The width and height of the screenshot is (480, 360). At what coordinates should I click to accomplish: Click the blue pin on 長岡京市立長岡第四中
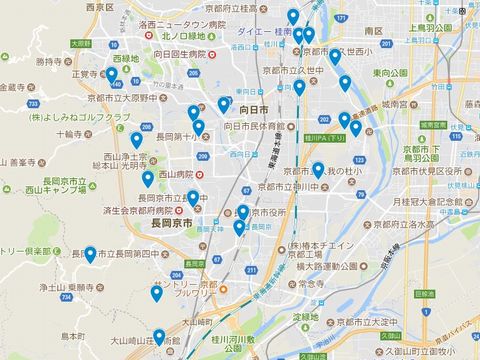90,254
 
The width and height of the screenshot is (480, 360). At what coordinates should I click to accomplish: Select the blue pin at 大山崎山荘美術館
159,336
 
